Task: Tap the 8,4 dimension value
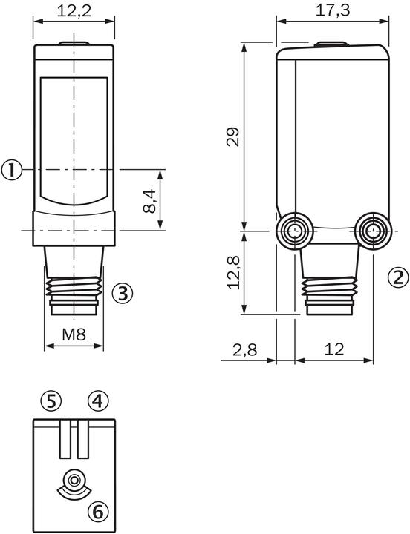click(x=150, y=201)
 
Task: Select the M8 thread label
click(x=74, y=334)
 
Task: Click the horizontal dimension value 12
click(x=334, y=350)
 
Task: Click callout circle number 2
click(x=399, y=277)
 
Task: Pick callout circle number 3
click(x=123, y=293)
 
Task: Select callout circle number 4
click(x=98, y=401)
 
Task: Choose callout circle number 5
click(x=51, y=401)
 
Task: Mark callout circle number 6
click(x=98, y=511)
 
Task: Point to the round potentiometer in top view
click(x=74, y=482)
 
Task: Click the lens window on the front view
click(x=74, y=141)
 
